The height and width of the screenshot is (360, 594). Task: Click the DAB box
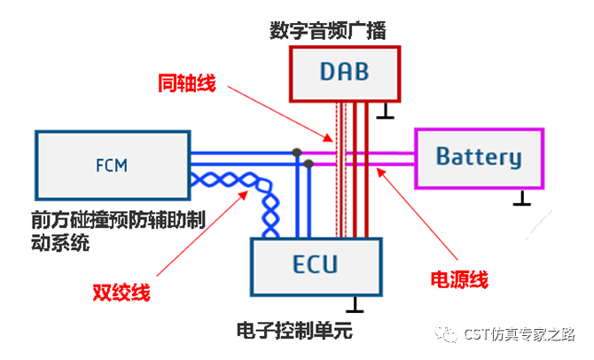point(345,74)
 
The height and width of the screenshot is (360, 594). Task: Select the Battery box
point(480,159)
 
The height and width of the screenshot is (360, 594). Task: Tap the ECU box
point(316,267)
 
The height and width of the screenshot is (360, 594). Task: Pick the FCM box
point(113,165)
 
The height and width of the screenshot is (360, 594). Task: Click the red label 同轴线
point(187,83)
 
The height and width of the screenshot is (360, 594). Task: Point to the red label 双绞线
point(121,293)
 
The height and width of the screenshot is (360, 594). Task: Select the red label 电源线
point(459,279)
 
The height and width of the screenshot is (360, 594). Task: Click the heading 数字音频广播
point(328,31)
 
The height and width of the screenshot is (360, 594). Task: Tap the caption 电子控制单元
point(294,331)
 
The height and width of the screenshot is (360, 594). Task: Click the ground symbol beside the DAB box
point(385,112)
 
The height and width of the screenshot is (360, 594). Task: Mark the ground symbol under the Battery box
point(521,198)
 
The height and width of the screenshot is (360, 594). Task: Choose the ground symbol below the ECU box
point(355,305)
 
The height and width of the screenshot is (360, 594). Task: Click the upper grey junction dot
point(297,153)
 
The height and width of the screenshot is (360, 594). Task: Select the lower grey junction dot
point(309,164)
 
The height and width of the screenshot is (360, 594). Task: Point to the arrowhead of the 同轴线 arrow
point(329,138)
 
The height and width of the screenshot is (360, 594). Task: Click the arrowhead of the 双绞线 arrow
point(244,195)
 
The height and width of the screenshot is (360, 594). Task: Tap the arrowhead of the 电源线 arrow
point(380,173)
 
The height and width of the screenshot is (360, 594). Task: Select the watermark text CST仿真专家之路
point(519,334)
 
